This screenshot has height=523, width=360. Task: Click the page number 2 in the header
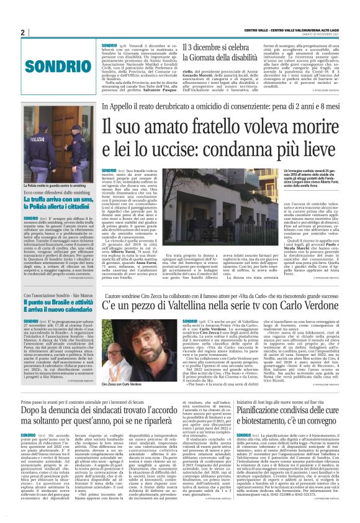pyautogui.click(x=22, y=32)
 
